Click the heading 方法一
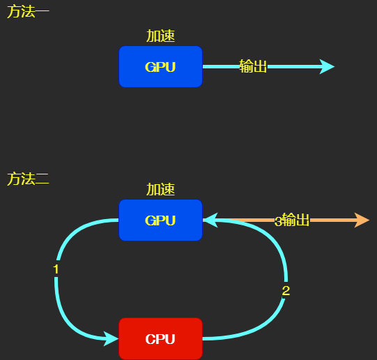pyautogui.click(x=28, y=12)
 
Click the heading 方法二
pyautogui.click(x=28, y=179)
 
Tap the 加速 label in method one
pyautogui.click(x=160, y=36)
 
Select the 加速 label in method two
pyautogui.click(x=160, y=189)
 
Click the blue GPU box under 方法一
pyautogui.click(x=160, y=67)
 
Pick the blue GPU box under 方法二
pyautogui.click(x=160, y=220)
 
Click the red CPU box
pyautogui.click(x=160, y=339)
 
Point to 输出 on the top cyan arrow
pyautogui.click(x=253, y=66)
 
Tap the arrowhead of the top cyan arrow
pyautogui.click(x=327, y=67)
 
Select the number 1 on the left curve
pyautogui.click(x=56, y=269)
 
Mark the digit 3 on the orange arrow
pyautogui.click(x=278, y=221)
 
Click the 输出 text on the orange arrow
pyautogui.click(x=295, y=220)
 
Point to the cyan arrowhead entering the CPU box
pyautogui.click(x=111, y=339)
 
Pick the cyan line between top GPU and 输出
pyautogui.click(x=220, y=67)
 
